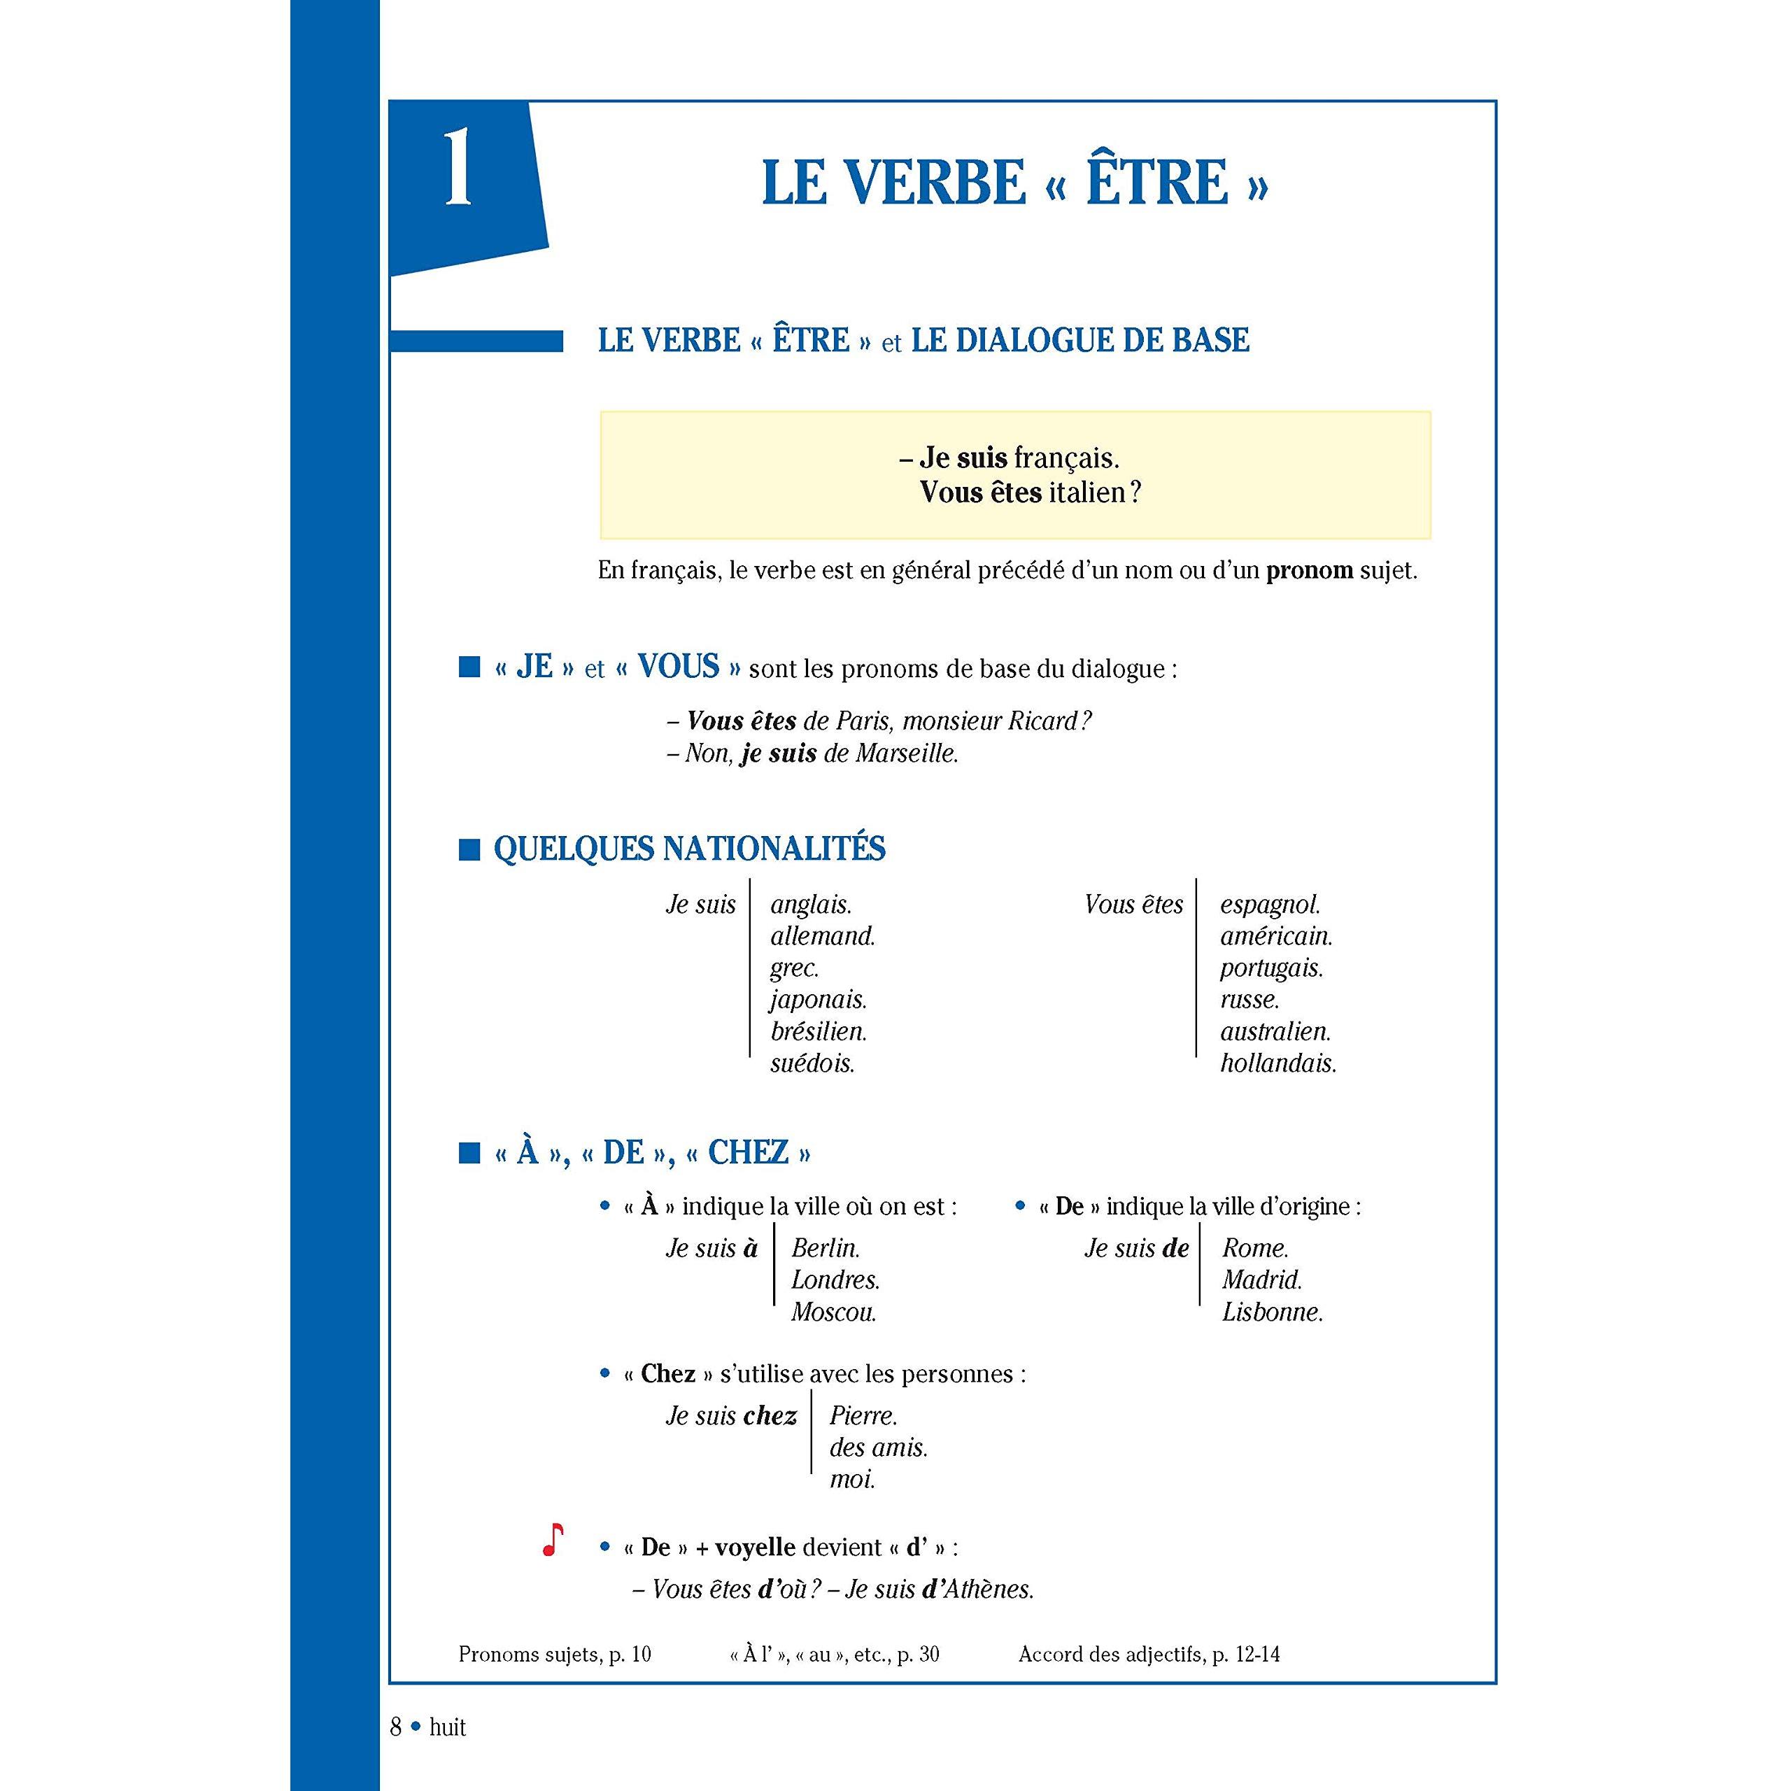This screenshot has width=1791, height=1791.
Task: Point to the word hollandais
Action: coord(1277,1063)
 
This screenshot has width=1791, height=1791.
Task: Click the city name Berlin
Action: coord(825,1248)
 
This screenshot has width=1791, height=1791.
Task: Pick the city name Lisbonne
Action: coord(1272,1312)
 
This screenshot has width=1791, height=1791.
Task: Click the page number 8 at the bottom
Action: coord(396,1727)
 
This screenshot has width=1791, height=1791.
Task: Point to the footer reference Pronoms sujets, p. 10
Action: coord(554,1655)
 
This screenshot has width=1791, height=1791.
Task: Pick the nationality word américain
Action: coord(1275,936)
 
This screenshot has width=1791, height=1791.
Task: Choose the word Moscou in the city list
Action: coord(833,1312)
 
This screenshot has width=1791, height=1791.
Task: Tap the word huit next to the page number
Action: coord(448,1727)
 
